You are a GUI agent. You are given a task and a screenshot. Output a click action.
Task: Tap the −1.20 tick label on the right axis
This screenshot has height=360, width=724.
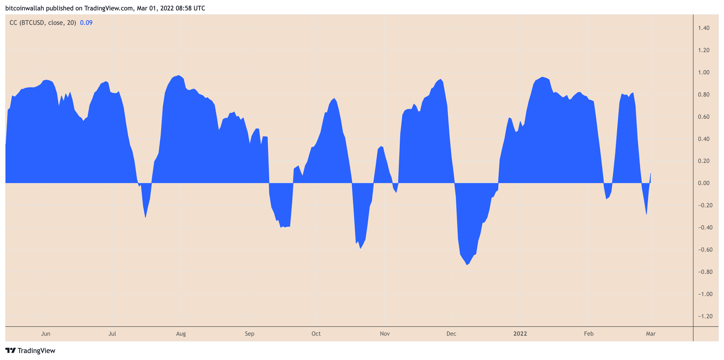point(705,316)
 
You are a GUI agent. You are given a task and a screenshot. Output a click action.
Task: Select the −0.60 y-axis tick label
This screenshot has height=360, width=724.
point(705,250)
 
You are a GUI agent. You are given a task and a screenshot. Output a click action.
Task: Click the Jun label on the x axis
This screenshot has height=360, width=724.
point(45,334)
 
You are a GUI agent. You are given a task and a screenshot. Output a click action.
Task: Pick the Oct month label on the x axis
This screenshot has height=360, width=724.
point(316,334)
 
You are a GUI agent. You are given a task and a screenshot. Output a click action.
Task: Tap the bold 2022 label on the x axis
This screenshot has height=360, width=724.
point(520,334)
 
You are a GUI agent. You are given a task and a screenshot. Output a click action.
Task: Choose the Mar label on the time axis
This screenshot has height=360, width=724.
point(650,334)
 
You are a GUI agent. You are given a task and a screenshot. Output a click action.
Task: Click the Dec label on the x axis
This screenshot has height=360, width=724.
point(451,334)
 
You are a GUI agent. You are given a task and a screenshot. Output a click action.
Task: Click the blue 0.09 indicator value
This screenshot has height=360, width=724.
point(86,22)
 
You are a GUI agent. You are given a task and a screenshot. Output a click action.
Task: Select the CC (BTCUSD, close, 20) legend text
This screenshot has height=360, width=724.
point(43,22)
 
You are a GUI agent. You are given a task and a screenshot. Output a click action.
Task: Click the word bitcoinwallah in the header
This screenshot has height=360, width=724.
point(25,8)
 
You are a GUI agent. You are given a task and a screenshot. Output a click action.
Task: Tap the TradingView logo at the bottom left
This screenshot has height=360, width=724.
point(30,350)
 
